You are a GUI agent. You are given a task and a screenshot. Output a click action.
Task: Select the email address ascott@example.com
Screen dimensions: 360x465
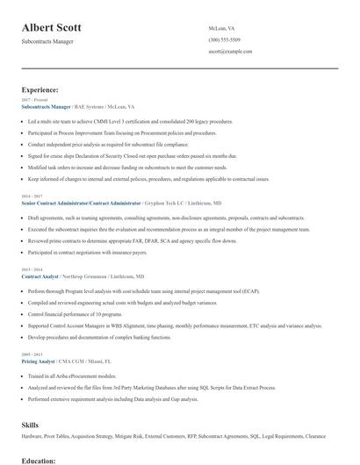click(x=231, y=51)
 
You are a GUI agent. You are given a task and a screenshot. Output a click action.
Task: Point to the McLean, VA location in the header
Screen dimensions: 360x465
click(x=223, y=28)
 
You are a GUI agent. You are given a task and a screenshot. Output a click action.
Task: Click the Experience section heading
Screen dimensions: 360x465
click(x=40, y=89)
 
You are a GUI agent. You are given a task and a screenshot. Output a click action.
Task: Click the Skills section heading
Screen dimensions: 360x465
click(x=30, y=424)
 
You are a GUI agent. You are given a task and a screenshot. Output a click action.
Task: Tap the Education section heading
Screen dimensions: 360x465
click(x=40, y=459)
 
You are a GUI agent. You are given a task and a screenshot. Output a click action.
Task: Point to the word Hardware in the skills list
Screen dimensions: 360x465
click(x=33, y=437)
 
